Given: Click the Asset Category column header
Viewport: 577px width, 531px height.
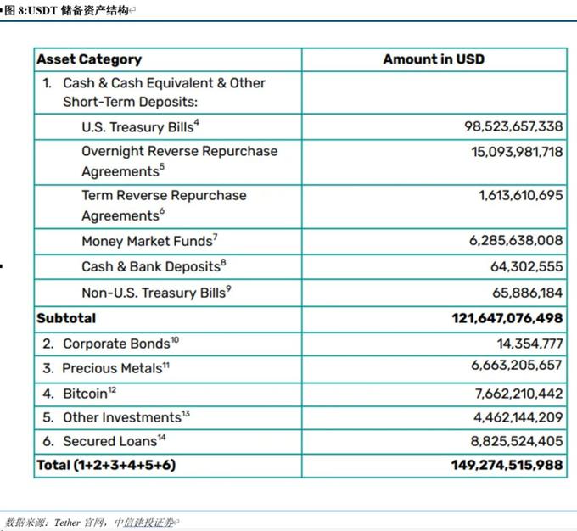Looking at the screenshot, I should pos(89,59).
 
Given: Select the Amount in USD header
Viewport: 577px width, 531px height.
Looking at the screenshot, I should pos(434,59).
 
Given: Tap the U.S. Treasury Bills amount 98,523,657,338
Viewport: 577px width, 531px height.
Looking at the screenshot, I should pos(513,126).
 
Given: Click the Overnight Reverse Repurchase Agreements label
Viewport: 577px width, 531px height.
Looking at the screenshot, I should pos(179,160).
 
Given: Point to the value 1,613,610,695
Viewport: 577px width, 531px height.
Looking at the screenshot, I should pos(520,195).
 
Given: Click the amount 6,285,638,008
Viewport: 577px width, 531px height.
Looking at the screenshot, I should pos(516,241).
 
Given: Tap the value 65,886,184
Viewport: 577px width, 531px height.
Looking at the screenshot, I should pos(526,293).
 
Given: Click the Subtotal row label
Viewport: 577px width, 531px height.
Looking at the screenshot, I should pos(66,318).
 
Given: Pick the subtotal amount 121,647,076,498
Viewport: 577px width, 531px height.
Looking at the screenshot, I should pos(507,318).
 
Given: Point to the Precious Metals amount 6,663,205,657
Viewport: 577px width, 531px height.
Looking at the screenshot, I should pos(516,365).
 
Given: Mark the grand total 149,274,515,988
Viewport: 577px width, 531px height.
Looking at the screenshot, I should pos(507,465).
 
